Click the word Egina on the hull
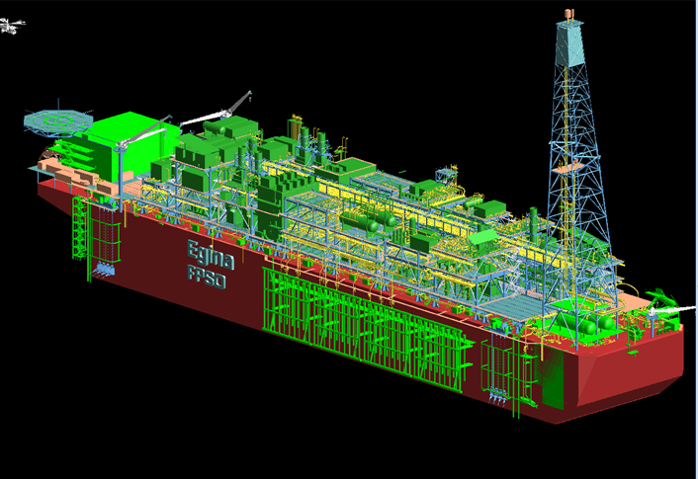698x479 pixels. pos(211,255)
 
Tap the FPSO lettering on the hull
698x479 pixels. pos(207,278)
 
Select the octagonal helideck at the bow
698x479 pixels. pos(58,120)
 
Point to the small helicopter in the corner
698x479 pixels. pos(11,26)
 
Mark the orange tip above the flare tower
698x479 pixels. pos(568,14)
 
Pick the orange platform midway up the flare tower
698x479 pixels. pos(567,168)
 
